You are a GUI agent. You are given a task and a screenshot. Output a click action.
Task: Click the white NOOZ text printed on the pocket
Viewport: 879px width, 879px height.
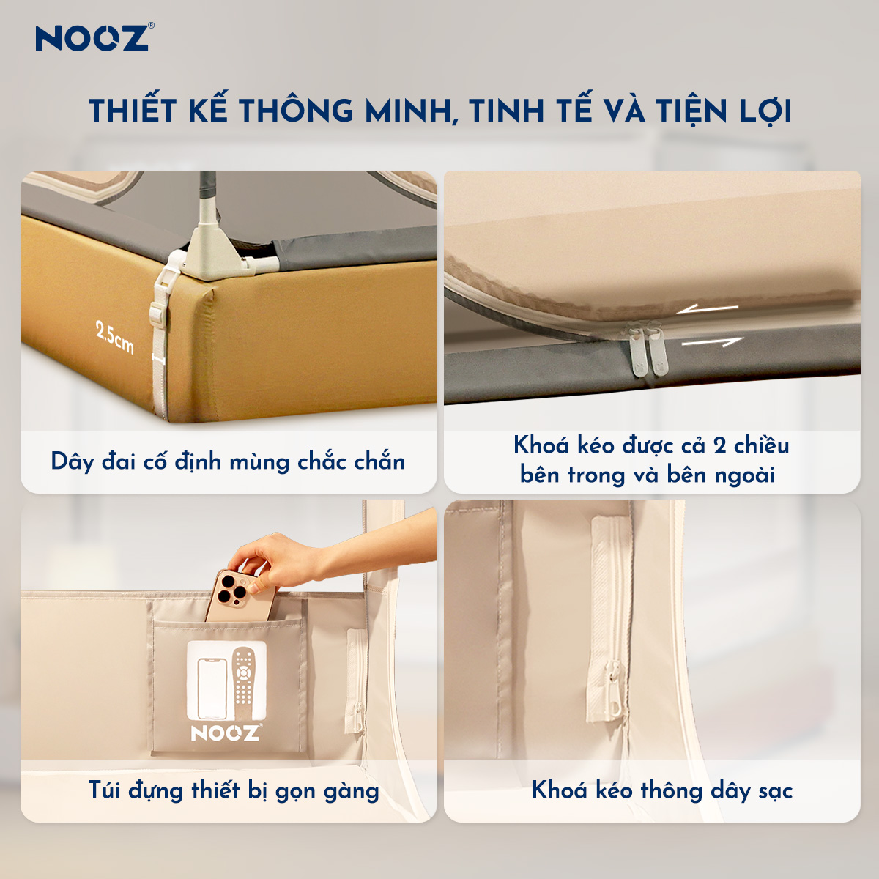(225, 732)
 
